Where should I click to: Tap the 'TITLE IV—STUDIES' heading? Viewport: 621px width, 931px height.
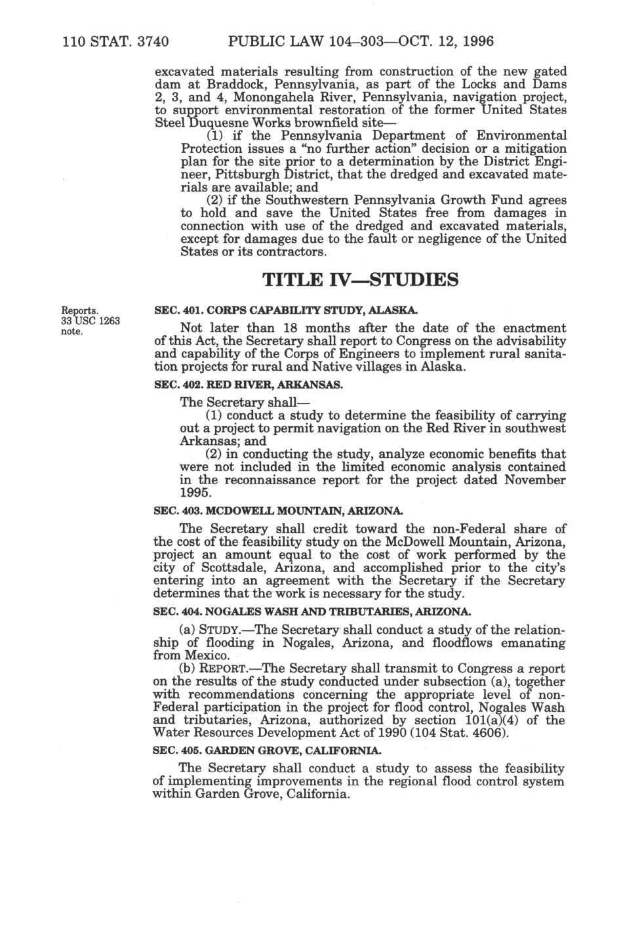[360, 281]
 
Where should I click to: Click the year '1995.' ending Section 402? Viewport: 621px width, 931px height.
[195, 493]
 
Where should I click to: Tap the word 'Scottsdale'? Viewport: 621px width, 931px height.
[228, 568]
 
